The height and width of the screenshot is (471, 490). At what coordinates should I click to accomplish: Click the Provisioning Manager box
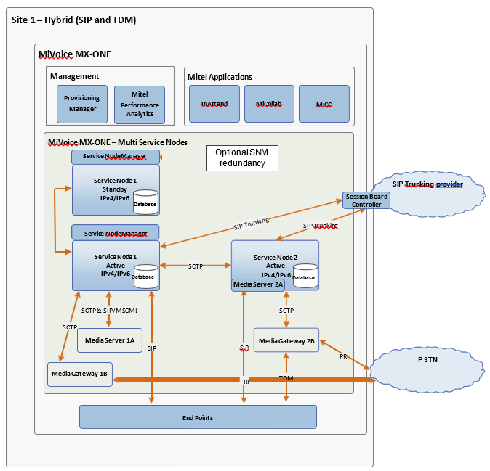tap(81, 104)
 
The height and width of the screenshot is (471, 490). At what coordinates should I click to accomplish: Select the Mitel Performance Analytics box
tap(140, 104)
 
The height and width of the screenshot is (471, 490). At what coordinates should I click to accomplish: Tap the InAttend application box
tap(214, 104)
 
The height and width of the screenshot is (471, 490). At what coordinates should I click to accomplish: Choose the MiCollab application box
tap(268, 104)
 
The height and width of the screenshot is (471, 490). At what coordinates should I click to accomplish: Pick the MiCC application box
tap(324, 104)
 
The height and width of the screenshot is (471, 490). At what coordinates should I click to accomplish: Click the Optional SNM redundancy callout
tap(242, 157)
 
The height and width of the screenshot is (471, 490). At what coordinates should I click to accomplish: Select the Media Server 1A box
tap(110, 340)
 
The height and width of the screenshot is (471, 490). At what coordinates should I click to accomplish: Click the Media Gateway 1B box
tap(79, 374)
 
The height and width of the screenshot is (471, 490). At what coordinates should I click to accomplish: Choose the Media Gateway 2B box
tap(286, 340)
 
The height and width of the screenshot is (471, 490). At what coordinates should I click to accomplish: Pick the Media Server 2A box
tap(258, 285)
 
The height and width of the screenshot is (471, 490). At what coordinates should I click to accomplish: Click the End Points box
tap(197, 417)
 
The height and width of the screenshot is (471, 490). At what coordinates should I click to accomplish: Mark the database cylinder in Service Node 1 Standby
tap(146, 201)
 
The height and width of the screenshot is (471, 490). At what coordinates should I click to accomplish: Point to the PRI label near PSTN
tap(345, 356)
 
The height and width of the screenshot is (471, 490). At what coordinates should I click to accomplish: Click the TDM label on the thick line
tap(286, 379)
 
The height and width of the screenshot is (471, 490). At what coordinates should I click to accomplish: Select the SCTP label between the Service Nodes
tap(195, 266)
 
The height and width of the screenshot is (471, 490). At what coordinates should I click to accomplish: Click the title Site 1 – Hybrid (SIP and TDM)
tap(74, 20)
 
